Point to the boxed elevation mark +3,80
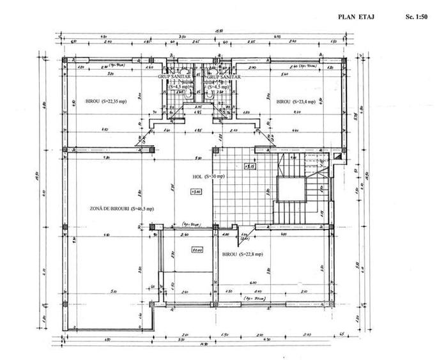(x=195, y=191)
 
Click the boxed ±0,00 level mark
(x=197, y=251)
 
